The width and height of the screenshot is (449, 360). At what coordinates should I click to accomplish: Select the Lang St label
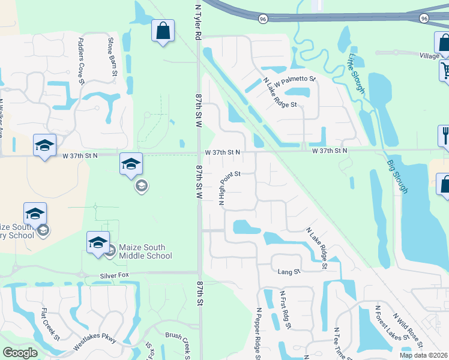click(x=289, y=272)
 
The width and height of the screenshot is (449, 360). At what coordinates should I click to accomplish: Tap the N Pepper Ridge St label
click(x=259, y=334)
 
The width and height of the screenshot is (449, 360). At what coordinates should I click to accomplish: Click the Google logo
click(x=20, y=353)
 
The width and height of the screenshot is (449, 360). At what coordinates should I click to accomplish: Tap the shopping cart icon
click(x=445, y=70)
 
